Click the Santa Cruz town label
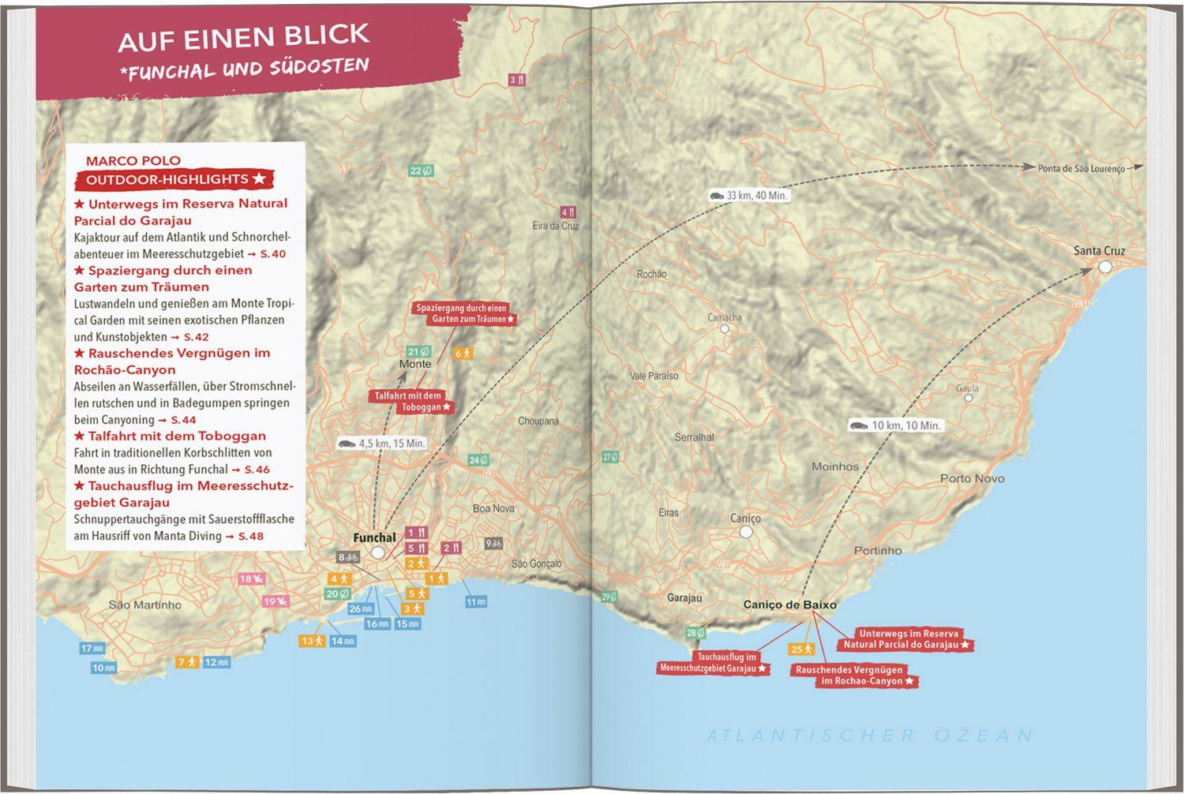coord(1099,251)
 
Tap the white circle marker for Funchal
coord(378,552)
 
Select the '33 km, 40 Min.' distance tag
coord(748,196)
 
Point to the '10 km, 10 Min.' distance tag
coord(896,425)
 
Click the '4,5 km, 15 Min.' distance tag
coord(382,444)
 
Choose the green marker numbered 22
coord(421,170)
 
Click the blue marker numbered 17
coord(92,649)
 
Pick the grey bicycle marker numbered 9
coord(493,543)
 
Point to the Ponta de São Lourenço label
coord(1081,168)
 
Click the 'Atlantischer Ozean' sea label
coord(869,736)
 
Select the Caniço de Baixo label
coord(789,605)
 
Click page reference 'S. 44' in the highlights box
coord(183,420)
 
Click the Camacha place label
coord(724,317)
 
